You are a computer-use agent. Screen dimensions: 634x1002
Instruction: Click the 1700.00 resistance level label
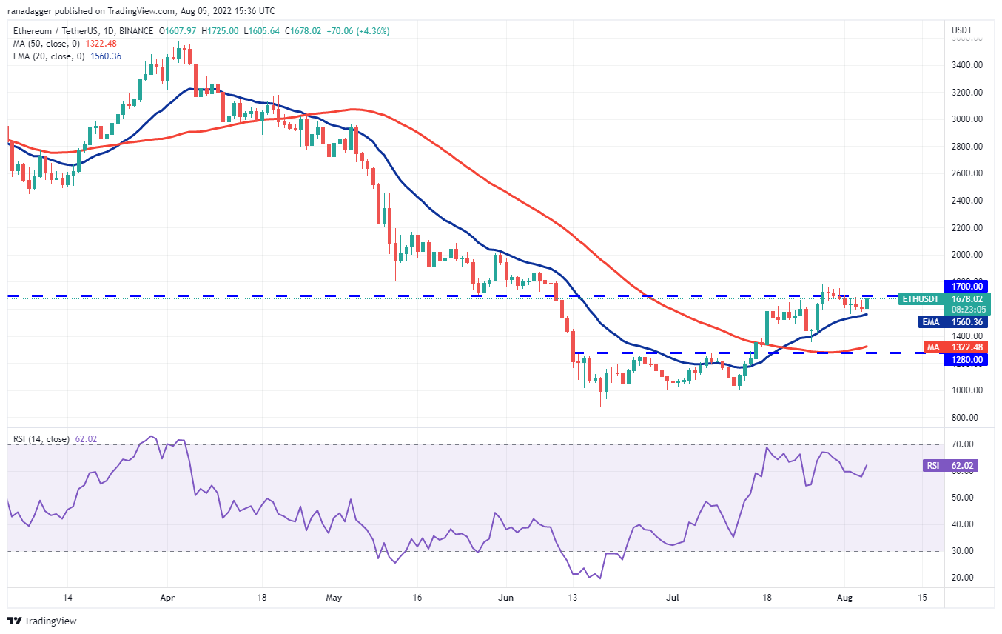tap(967, 286)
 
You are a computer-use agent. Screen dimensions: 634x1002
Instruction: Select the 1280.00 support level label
tap(967, 360)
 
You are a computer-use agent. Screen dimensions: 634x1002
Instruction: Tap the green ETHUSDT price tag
tap(921, 299)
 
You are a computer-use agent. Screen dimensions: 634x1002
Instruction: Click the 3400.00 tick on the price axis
tap(967, 65)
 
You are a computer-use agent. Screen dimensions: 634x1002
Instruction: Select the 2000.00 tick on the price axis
tap(967, 255)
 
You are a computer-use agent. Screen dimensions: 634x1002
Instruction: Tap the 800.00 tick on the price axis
tap(967, 418)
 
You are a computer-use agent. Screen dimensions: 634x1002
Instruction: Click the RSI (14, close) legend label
tap(41, 439)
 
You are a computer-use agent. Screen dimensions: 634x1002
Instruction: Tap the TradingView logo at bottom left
tap(42, 621)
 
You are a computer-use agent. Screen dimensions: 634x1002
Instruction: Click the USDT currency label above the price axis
tap(961, 30)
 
